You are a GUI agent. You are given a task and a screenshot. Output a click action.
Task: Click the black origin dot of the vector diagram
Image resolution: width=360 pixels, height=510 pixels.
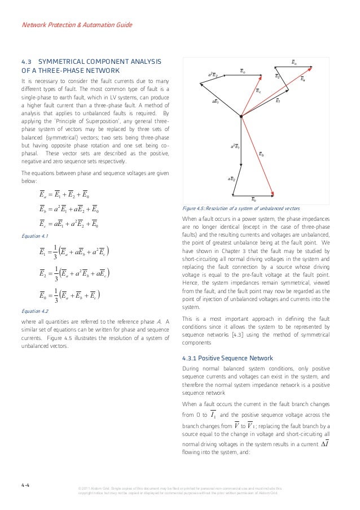(241, 117)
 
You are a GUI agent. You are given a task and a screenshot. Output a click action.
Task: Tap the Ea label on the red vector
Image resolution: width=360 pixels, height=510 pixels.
(303, 80)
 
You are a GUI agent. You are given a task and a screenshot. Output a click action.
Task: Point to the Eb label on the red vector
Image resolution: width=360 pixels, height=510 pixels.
(261, 154)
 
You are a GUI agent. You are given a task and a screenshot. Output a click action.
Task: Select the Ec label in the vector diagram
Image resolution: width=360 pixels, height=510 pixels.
(258, 90)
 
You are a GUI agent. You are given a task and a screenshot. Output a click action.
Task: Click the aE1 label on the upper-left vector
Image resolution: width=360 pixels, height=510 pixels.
(215, 102)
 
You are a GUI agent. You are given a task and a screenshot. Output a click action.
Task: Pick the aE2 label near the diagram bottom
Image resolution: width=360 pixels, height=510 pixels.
(231, 178)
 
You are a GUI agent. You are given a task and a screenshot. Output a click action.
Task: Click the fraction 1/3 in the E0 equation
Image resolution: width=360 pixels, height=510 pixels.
(57, 295)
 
